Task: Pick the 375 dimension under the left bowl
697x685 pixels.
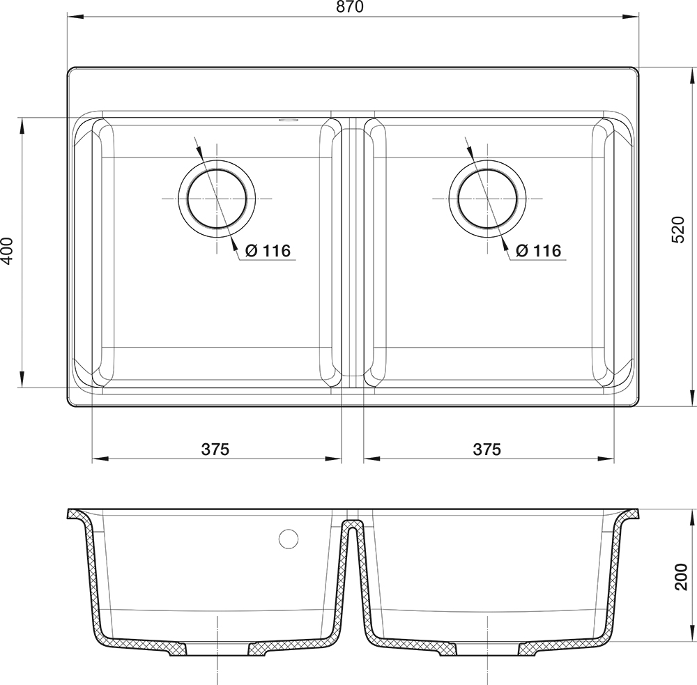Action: (x=215, y=449)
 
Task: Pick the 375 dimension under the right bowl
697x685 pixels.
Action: (x=487, y=449)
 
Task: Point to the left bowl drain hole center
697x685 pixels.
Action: (x=217, y=199)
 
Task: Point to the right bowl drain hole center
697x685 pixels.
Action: (x=488, y=199)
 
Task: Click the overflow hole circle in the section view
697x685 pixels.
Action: (x=288, y=539)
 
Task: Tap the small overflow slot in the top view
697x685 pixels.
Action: (x=286, y=121)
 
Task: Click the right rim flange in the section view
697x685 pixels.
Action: (x=629, y=515)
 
